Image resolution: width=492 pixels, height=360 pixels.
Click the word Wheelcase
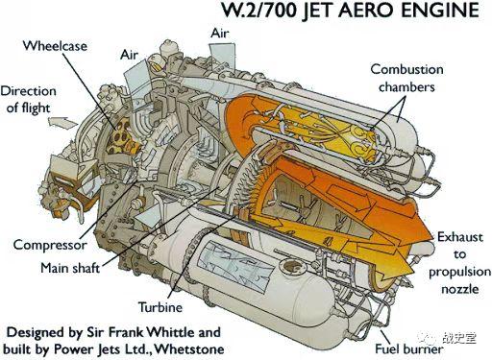pos(55,46)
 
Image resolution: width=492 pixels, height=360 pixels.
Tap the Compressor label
pos(50,245)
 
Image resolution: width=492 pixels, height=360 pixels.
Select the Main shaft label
pos(70,268)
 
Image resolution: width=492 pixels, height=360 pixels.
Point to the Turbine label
pos(160,307)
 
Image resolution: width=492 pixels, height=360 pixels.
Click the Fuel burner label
pos(409,348)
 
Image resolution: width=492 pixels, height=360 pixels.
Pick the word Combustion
pos(406,69)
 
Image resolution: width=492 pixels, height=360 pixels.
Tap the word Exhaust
pos(460,237)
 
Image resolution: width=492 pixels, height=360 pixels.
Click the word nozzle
pos(460,289)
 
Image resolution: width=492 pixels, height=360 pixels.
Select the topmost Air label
pos(220,34)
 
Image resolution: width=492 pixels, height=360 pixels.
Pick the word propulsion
pos(460,273)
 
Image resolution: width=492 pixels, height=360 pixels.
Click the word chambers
pos(406,87)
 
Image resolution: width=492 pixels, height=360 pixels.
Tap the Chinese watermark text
pos(458,338)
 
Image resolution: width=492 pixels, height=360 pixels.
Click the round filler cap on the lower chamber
pos(291,266)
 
